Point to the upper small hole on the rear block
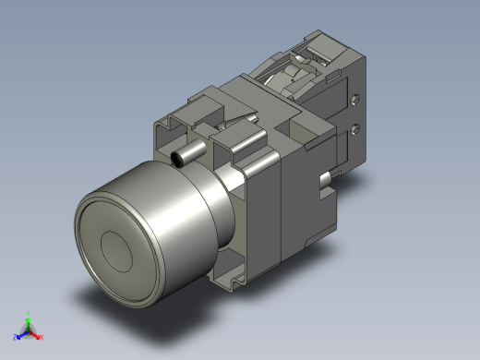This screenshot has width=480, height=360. [x=356, y=96]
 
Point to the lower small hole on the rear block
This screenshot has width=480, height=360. [x=355, y=130]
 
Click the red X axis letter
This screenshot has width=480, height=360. [x=42, y=337]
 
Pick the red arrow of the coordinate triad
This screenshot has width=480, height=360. [x=35, y=333]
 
